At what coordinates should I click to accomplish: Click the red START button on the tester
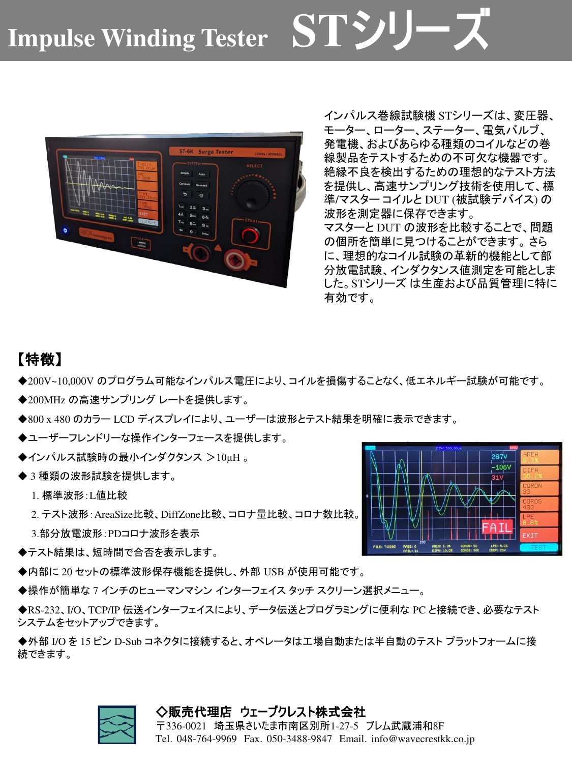250,235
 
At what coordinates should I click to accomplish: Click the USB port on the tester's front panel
141,245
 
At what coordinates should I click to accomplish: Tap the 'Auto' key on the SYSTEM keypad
202,174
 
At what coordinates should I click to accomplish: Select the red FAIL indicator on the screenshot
497,527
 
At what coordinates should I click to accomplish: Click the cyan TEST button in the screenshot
538,548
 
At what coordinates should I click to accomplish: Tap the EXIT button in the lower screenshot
538,535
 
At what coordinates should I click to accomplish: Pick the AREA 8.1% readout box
538,457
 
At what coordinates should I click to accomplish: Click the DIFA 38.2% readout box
538,473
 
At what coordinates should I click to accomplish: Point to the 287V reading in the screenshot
499,457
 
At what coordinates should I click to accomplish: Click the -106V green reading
501,467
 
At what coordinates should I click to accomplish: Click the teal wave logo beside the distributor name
117,725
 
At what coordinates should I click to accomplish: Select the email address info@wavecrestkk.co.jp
423,739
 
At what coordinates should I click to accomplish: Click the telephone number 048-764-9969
206,739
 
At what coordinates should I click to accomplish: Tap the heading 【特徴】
40,360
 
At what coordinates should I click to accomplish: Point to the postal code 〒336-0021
182,726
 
